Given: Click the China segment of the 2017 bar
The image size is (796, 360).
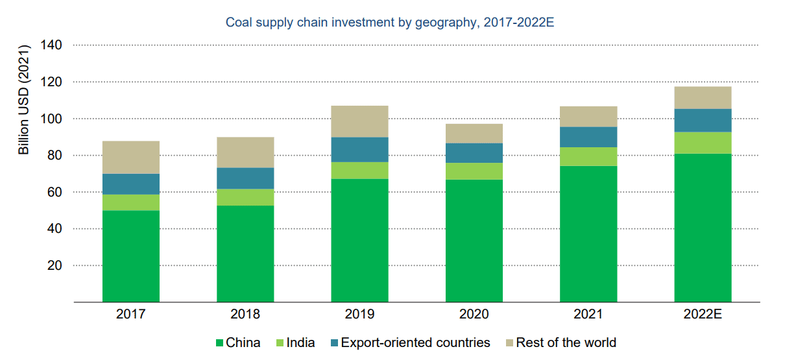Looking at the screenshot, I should (131, 256).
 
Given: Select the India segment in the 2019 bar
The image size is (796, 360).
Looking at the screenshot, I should (359, 171).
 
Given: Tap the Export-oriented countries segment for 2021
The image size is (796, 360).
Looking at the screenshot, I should (588, 137).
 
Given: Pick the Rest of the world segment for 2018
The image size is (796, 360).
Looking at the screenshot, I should (245, 152).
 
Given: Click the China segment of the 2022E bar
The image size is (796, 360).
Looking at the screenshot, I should (703, 228).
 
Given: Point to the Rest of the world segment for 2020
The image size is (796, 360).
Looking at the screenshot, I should (474, 134).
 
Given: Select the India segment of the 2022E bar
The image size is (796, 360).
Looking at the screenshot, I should (703, 143).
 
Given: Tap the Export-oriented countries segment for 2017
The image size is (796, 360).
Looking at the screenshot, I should (131, 184).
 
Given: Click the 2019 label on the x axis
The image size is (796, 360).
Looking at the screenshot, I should (359, 315).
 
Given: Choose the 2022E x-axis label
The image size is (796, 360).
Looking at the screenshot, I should (703, 315).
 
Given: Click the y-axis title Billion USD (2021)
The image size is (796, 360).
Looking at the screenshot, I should (24, 100).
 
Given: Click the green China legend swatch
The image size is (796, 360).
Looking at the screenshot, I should (219, 343).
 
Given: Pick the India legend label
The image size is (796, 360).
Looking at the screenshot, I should (300, 342).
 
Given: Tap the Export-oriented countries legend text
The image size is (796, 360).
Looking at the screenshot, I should (415, 342).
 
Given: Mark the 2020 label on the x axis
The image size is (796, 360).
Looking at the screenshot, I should (474, 315).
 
